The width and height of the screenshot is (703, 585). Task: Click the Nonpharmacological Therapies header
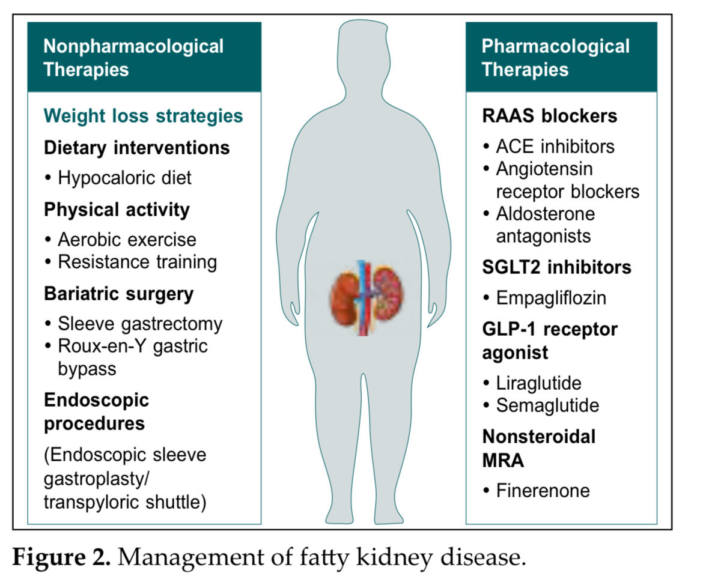133,58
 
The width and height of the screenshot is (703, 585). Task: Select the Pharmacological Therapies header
555,58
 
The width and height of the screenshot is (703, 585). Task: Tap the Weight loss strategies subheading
144,115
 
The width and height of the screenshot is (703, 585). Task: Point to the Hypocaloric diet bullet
124,177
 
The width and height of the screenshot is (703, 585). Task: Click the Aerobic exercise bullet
127,240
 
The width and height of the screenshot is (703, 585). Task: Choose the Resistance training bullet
137,262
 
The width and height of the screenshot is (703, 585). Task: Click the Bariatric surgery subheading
118,294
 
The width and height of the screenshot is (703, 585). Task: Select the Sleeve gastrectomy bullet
139,324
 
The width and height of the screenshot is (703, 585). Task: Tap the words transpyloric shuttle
125,502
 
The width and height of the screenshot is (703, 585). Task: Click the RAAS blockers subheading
549,115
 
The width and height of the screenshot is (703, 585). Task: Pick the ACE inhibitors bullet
555,147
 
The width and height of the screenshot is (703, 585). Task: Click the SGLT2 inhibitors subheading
556,267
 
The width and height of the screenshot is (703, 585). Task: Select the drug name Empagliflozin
551,298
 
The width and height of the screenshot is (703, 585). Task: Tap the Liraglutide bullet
538,383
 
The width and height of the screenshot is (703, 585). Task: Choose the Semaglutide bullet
547,405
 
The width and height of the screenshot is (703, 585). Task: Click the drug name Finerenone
543,491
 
